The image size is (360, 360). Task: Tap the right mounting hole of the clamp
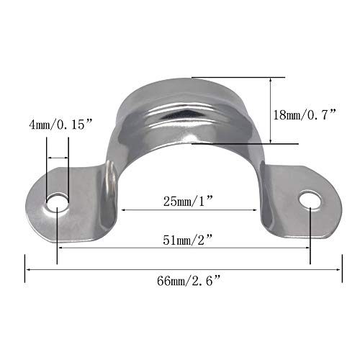[310, 199]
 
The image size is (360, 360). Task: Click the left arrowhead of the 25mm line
[123, 210]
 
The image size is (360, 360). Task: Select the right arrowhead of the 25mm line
[256, 210]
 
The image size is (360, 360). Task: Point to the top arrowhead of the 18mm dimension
[270, 79]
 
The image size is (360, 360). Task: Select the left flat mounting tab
[79, 194]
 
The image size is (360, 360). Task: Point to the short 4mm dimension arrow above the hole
[58, 158]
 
